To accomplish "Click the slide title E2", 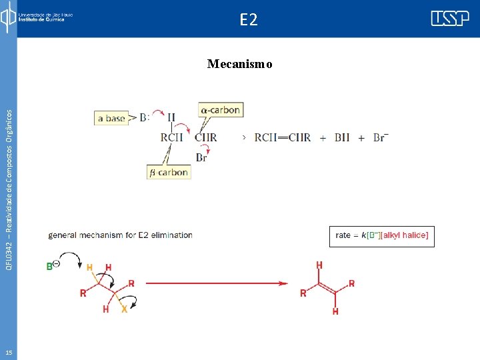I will click(248, 20).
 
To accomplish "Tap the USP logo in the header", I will click(449, 19).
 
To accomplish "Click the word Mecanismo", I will click(239, 64).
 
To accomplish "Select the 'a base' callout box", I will click(111, 118).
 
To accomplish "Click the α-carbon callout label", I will click(220, 109).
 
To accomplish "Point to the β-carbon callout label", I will click(169, 172).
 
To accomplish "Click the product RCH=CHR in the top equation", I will click(282, 137).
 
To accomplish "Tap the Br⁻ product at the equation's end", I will click(381, 137).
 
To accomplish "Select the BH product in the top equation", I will click(341, 137).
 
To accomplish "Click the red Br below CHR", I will click(201, 157).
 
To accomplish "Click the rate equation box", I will click(382, 235).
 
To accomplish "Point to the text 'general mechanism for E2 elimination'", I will click(120, 235).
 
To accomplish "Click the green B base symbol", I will click(50, 267).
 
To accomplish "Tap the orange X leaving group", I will click(124, 309).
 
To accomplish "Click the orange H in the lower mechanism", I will click(90, 267).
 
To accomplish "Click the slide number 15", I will click(8, 352).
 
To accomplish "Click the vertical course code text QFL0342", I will click(8, 180).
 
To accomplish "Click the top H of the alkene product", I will click(319, 265).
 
